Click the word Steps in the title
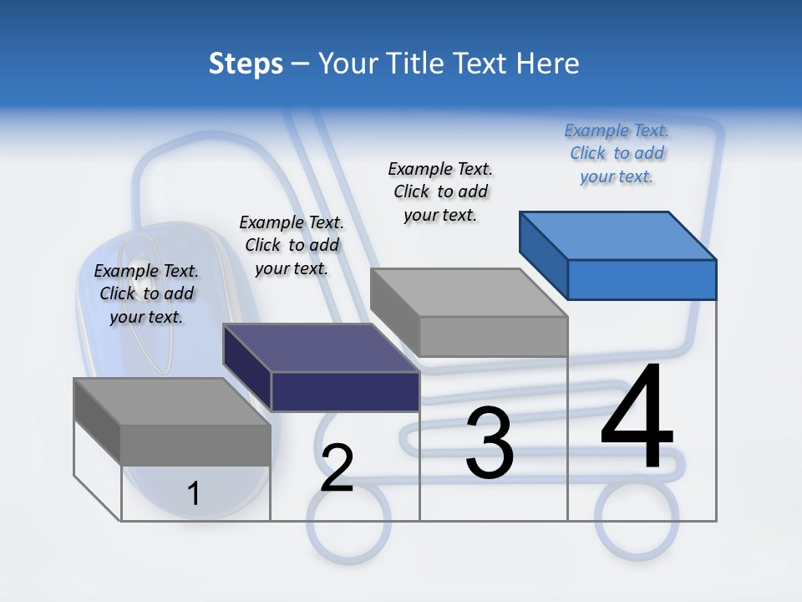(246, 64)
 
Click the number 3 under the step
(490, 443)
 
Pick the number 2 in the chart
(337, 468)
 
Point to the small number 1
(194, 493)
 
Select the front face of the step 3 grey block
(493, 336)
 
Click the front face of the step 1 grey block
(195, 445)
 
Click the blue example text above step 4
(617, 154)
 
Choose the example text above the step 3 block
(441, 191)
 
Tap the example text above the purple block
(292, 245)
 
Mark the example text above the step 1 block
(146, 293)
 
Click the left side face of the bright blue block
(543, 255)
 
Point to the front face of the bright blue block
(642, 279)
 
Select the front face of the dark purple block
(345, 391)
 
